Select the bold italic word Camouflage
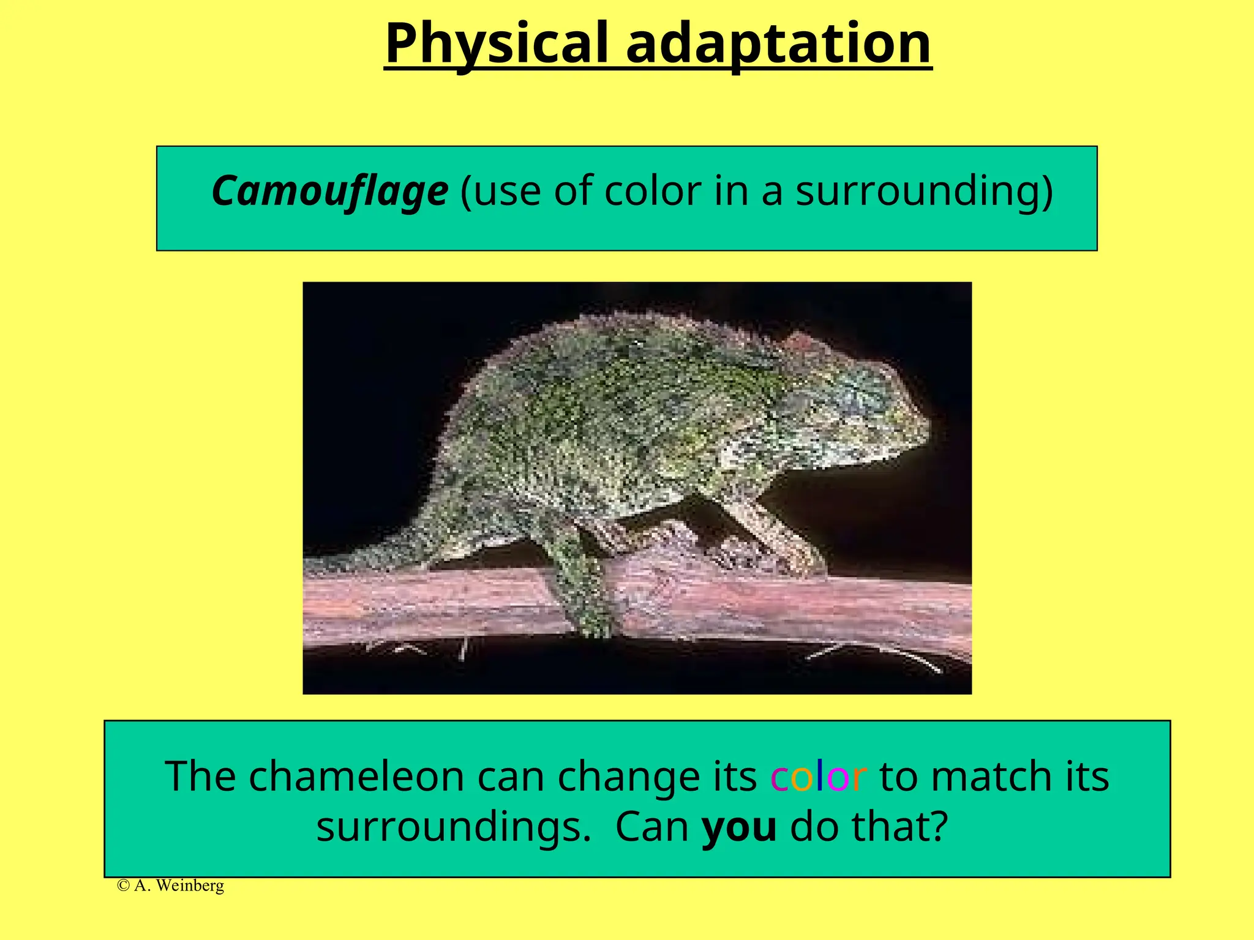pos(329,191)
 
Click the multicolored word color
pos(818,776)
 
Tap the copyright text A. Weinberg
pos(171,886)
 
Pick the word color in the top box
pos(652,191)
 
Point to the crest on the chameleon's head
pos(802,343)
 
